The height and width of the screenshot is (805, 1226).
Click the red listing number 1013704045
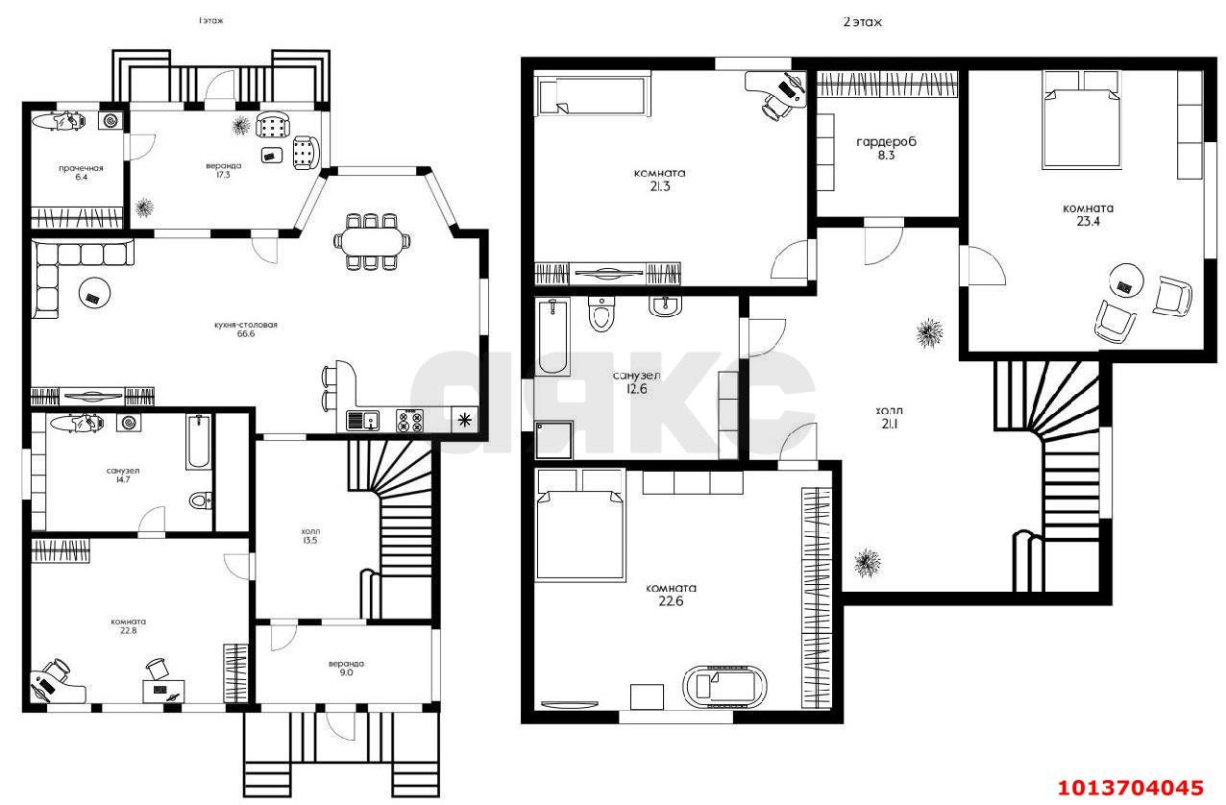point(1131,788)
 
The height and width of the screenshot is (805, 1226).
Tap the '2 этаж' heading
point(863,22)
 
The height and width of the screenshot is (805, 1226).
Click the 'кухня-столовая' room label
point(246,325)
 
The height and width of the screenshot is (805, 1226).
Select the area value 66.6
point(246,334)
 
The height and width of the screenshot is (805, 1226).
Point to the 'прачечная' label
point(81,168)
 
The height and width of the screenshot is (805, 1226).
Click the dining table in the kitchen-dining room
point(372,241)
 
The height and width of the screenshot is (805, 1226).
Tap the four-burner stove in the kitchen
point(410,421)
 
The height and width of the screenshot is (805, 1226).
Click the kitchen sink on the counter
point(362,421)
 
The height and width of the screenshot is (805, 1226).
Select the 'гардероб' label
point(886,142)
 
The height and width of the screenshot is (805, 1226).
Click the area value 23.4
point(1088,221)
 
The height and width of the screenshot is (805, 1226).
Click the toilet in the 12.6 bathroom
point(601,313)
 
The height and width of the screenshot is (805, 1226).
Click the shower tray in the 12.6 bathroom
point(553,441)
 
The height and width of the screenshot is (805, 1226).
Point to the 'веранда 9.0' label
point(347,669)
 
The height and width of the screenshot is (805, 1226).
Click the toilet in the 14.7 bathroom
point(201,500)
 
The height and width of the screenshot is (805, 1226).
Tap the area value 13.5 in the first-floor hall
point(310,540)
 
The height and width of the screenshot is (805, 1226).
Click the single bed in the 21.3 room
point(593,96)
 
